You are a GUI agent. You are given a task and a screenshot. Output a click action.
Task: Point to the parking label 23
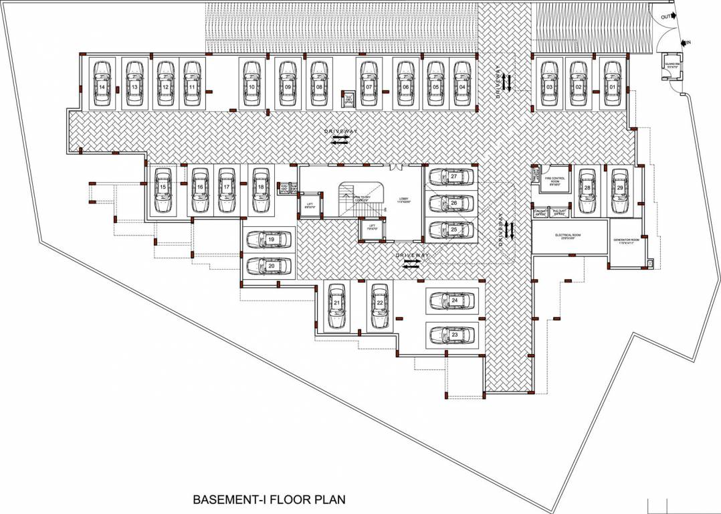(454, 333)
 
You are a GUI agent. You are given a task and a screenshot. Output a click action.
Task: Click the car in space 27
(452, 177)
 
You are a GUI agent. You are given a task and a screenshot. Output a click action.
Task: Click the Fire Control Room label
(555, 180)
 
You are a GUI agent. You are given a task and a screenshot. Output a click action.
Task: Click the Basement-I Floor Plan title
(269, 499)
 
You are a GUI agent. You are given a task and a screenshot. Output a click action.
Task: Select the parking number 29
(620, 189)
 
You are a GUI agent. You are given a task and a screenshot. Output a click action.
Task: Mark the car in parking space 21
(337, 305)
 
